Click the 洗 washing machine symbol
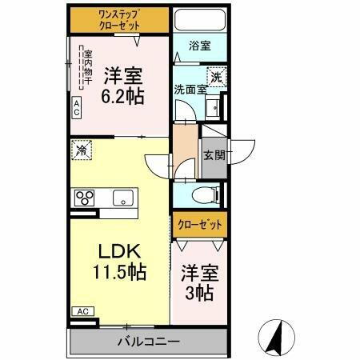[x=216, y=78]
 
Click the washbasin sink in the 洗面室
[x=213, y=110]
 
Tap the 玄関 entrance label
[x=213, y=154]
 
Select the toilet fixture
[x=207, y=194]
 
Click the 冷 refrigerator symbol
[x=81, y=149]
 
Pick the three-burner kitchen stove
[x=86, y=198]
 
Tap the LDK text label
[x=118, y=250]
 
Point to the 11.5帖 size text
[x=118, y=271]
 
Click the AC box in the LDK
[x=82, y=311]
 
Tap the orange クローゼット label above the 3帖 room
[x=198, y=225]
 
